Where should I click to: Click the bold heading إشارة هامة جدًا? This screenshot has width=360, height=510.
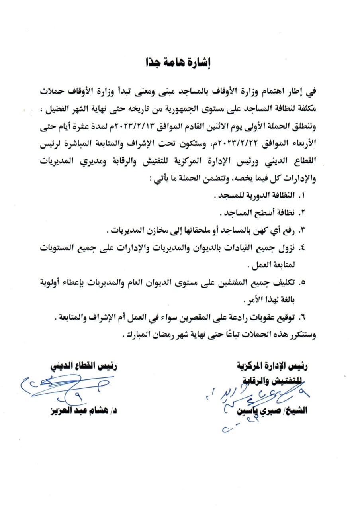tap(180, 63)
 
